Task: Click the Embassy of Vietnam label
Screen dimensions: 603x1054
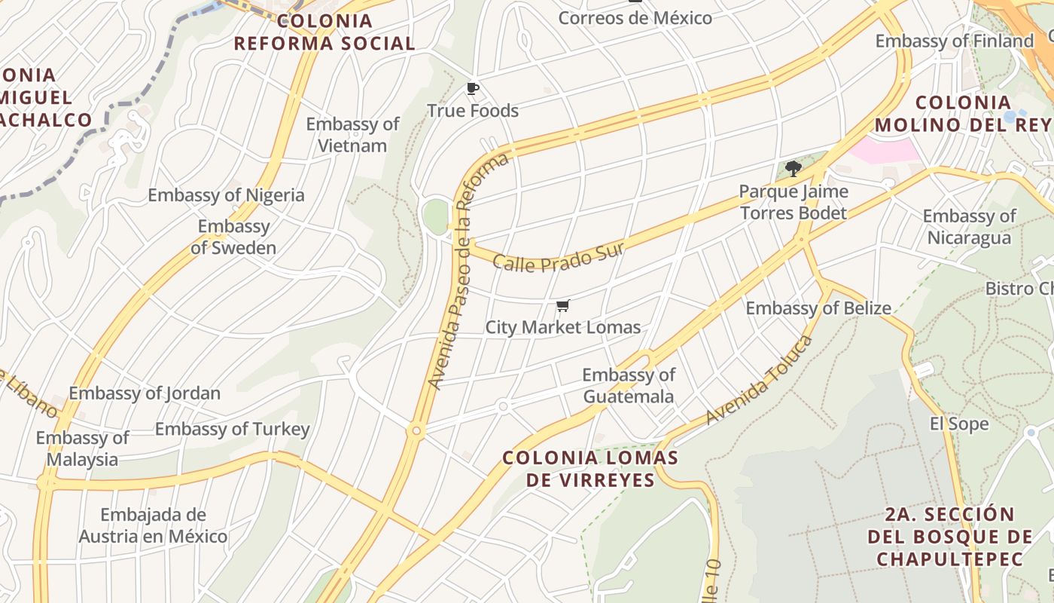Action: pos(352,135)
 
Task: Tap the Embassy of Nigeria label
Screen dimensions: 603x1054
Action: pos(226,195)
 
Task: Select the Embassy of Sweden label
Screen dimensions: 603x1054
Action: pos(233,237)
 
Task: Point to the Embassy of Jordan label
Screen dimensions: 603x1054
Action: pos(145,393)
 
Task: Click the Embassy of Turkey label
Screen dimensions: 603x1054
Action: pos(232,429)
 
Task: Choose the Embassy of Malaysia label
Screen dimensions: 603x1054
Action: pos(82,448)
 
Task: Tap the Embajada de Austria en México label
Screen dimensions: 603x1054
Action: pos(153,525)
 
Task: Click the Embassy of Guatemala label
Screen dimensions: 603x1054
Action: pos(629,385)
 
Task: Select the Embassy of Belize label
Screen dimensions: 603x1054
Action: pos(818,308)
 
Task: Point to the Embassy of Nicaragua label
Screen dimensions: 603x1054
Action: pos(969,227)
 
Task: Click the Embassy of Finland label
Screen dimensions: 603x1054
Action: pos(955,41)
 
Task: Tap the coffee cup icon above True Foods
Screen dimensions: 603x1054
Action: pos(473,90)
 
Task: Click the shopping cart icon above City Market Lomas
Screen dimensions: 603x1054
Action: pos(562,305)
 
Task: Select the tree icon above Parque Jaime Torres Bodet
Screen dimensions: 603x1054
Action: pos(793,168)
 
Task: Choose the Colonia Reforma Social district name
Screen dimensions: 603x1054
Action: pos(324,32)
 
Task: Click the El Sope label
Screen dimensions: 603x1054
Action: pos(959,424)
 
